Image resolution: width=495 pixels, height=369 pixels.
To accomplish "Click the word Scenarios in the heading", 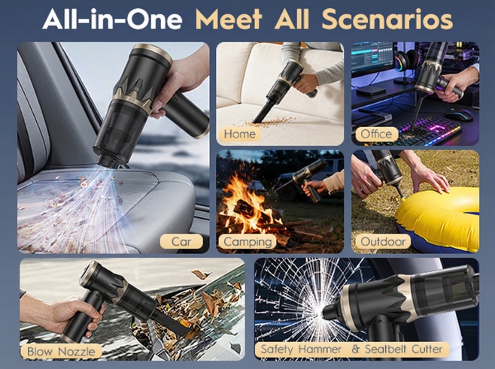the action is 387,20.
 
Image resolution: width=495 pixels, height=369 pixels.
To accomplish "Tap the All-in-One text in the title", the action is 112,20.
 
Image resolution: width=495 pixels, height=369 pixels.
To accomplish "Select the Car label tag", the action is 181,241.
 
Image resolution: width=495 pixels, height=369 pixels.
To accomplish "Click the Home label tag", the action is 240,134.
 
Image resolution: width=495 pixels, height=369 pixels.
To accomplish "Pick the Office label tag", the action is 376,134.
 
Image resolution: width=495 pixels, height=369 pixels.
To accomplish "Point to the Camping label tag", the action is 247,242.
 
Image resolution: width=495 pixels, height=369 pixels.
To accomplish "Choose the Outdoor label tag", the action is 383,241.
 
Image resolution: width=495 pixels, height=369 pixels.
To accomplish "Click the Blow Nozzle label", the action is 61,351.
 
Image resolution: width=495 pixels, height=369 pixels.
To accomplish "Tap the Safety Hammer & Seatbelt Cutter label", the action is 351,349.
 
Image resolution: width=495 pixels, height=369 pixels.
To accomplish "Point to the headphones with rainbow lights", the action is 407,61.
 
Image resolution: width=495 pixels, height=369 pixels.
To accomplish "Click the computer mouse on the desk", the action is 459,114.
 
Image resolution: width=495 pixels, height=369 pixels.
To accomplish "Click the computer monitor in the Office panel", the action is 372,60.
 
